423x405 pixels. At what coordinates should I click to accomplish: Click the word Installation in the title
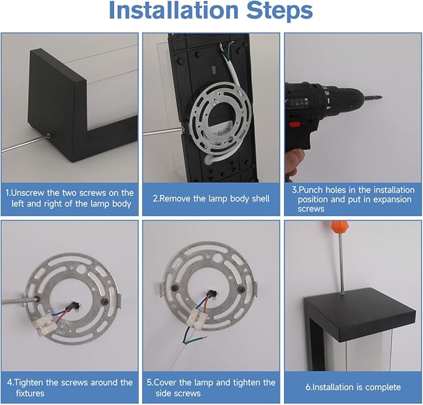tap(173, 10)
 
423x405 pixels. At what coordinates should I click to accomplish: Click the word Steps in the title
tap(280, 10)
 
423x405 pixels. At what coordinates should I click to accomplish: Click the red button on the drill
tap(295, 125)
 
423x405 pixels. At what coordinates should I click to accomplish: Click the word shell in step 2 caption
tap(260, 198)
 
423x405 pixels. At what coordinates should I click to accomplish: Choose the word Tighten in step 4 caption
tap(29, 383)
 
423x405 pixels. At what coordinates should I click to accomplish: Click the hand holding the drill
tap(295, 162)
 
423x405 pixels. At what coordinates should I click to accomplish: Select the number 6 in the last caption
tap(308, 387)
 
